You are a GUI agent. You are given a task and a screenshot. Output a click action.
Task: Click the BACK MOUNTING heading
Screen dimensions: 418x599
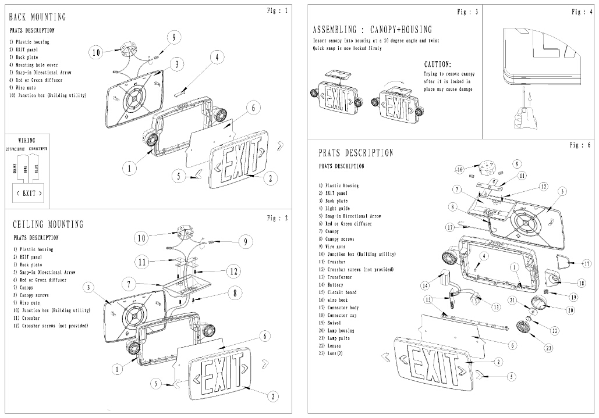pos(37,17)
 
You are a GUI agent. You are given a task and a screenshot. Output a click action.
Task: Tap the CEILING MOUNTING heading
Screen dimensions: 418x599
pos(48,224)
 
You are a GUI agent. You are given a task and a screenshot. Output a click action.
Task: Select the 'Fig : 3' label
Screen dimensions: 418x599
pos(468,12)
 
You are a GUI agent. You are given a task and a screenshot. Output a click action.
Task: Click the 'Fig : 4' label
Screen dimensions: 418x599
pos(582,12)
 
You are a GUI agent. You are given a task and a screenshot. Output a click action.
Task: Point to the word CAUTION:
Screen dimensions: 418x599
pos(438,65)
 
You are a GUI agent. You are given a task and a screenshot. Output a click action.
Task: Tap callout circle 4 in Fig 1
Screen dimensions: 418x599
pos(216,57)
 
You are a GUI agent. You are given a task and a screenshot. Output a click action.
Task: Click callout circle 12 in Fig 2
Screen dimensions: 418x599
pos(233,270)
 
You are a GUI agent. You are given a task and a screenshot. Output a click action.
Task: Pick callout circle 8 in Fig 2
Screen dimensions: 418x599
pos(234,294)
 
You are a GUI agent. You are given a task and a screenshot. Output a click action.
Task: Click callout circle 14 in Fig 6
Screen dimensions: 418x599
pos(426,285)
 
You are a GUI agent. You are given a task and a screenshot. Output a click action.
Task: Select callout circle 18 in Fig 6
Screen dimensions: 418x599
pos(581,283)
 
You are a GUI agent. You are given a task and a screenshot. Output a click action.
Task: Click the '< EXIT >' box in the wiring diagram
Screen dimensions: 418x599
pos(29,193)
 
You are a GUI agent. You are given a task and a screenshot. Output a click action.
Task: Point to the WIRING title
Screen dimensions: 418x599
pos(27,141)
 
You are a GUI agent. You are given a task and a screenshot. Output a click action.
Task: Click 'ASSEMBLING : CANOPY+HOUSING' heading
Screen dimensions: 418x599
pos(372,30)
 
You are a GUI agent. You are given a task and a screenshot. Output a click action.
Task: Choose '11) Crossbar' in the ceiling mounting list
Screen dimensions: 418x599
pos(28,319)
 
